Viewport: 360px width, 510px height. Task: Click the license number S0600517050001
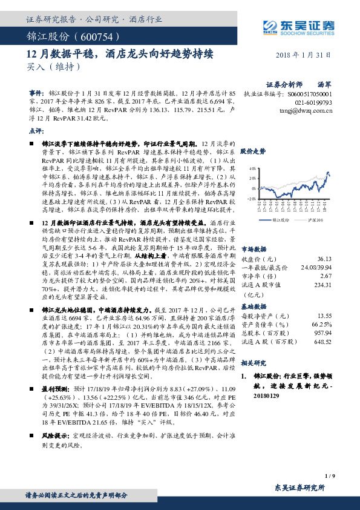point(309,95)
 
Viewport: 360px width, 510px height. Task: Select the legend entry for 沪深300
point(316,203)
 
